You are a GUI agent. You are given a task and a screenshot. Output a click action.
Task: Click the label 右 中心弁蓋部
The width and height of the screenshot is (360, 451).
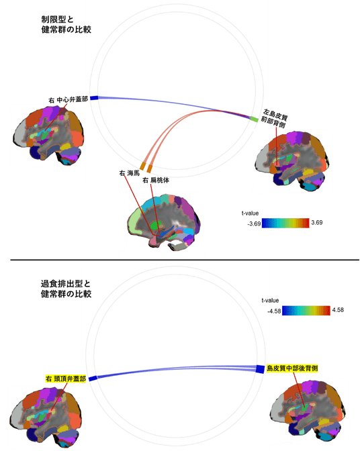pyautogui.click(x=68, y=100)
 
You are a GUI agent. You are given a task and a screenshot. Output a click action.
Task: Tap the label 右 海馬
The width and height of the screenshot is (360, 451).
pyautogui.click(x=129, y=173)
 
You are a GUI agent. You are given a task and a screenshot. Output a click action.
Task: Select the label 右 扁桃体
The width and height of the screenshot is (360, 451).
pyautogui.click(x=156, y=181)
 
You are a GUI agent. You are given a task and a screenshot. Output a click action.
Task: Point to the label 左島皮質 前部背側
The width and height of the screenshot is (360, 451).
pyautogui.click(x=275, y=119)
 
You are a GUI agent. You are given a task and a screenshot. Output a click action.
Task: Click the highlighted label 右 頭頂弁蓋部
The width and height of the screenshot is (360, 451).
pyautogui.click(x=66, y=379)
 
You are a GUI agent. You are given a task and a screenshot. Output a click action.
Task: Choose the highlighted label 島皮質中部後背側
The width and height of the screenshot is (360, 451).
pyautogui.click(x=291, y=368)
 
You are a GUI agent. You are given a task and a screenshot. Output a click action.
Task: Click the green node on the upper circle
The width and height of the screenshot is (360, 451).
pyautogui.click(x=254, y=119)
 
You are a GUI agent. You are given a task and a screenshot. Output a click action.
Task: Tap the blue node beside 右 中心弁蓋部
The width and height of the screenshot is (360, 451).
pyautogui.click(x=95, y=98)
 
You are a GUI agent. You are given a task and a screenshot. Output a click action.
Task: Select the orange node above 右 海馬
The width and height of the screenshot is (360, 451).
pyautogui.click(x=143, y=166)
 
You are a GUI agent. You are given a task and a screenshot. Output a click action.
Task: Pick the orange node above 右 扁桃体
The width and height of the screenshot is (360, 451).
pyautogui.click(x=149, y=168)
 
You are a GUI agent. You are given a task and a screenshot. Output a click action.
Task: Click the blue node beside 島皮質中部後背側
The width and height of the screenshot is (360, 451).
pyautogui.click(x=260, y=369)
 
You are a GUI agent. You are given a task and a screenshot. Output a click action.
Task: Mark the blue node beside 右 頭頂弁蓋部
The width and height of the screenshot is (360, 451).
pyautogui.click(x=93, y=379)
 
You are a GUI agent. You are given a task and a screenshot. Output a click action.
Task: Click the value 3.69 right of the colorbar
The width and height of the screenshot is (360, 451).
pyautogui.click(x=317, y=223)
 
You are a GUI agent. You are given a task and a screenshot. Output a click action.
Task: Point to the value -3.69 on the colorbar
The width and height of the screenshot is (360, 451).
pyautogui.click(x=254, y=223)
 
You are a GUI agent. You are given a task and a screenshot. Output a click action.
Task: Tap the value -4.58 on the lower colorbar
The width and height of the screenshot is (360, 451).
pyautogui.click(x=274, y=311)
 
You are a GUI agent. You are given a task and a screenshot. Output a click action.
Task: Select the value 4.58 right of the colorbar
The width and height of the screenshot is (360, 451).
pyautogui.click(x=338, y=310)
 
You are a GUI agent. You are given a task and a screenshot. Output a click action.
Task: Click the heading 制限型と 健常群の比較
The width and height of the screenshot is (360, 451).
pyautogui.click(x=66, y=24)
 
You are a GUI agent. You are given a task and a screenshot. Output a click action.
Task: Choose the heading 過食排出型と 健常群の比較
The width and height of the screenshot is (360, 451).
pyautogui.click(x=66, y=289)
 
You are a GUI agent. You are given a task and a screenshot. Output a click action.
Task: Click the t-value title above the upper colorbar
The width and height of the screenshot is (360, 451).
pyautogui.click(x=250, y=213)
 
